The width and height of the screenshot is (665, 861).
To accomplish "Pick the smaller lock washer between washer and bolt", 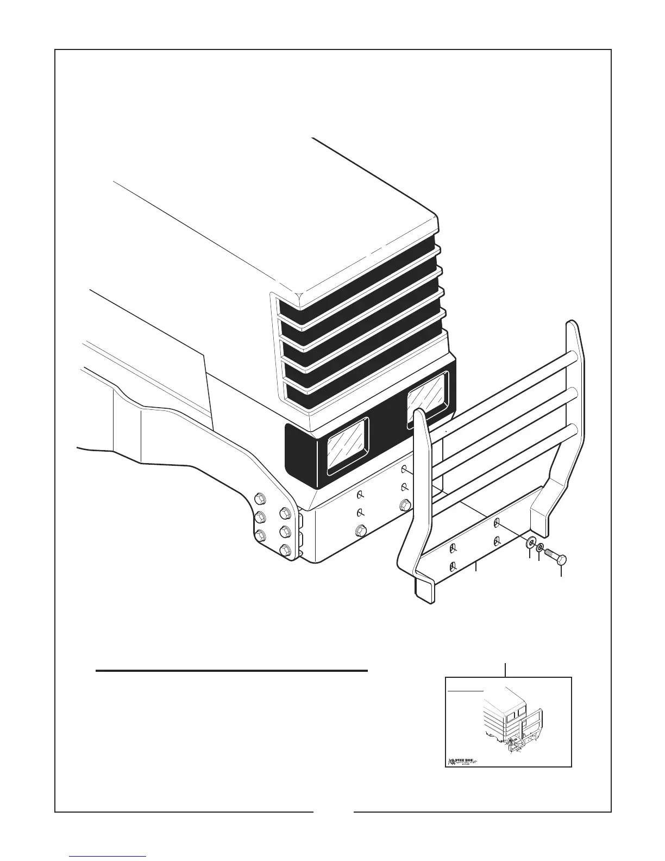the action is point(540,547).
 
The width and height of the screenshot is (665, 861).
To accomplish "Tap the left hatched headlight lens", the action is point(347,445).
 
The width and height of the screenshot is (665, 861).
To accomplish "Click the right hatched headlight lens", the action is point(428,399).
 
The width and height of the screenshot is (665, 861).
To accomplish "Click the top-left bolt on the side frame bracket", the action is point(260,498).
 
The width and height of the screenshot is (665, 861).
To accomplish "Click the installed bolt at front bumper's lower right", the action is point(404,506).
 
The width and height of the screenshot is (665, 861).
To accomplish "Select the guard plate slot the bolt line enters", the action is point(497,523).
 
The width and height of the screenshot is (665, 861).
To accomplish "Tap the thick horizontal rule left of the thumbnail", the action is point(232,671).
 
